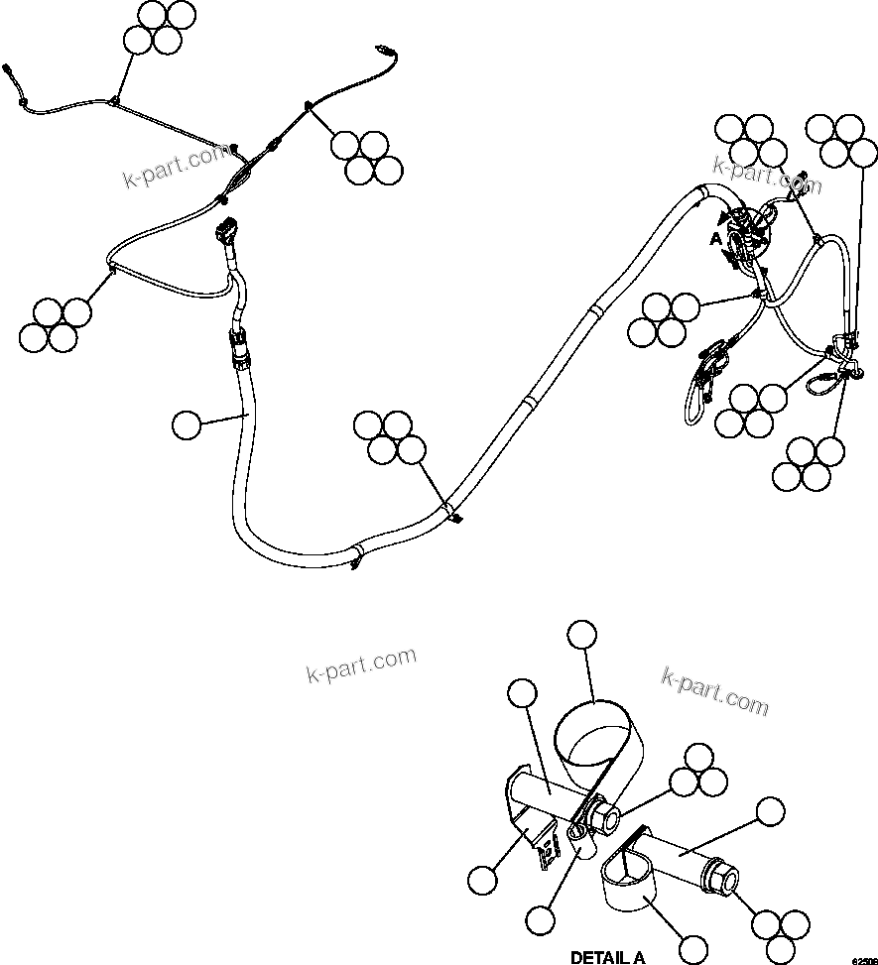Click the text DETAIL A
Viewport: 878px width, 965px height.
pyautogui.click(x=607, y=957)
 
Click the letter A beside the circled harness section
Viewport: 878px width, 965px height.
pyautogui.click(x=714, y=239)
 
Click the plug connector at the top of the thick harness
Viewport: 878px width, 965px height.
pyautogui.click(x=226, y=233)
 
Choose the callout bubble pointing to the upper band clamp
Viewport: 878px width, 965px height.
pyautogui.click(x=582, y=636)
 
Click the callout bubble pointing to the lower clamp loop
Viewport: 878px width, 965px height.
pyautogui.click(x=693, y=947)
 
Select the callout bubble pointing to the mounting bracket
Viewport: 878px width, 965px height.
pyautogui.click(x=481, y=879)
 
